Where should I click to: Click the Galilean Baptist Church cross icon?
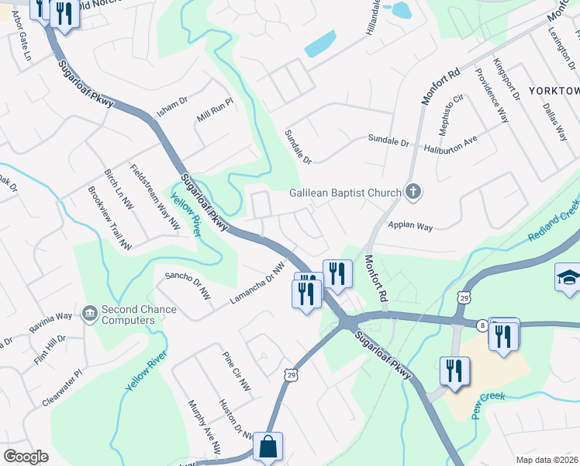413,193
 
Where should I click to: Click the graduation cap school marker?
568,277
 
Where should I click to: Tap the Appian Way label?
410,226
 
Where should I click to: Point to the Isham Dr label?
172,106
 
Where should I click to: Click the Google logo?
26,456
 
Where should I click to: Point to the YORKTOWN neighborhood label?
554,91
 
